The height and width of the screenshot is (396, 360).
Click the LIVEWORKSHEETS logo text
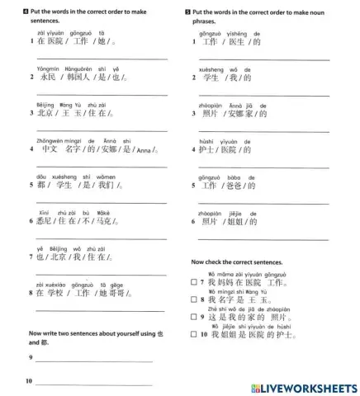pyautogui.click(x=310, y=387)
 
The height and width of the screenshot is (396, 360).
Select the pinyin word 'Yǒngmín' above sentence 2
pyautogui.click(x=50, y=69)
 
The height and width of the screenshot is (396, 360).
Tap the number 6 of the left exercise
pyautogui.click(x=30, y=221)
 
